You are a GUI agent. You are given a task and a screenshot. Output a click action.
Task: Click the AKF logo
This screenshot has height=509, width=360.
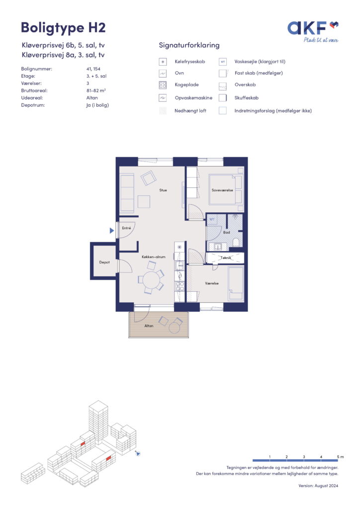coord(313,31)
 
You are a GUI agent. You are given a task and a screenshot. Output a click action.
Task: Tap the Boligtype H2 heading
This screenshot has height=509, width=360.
coord(63,28)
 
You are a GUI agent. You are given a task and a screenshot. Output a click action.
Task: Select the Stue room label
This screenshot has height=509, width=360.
coord(163,190)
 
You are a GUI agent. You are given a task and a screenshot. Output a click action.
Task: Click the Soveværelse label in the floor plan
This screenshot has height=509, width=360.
coord(222,190)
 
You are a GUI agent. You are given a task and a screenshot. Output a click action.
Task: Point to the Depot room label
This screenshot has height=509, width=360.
coord(104,262)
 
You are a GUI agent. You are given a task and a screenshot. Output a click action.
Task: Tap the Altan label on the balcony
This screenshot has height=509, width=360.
coord(149,326)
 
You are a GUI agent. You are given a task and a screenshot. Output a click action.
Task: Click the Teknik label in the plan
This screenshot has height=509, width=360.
coord(226,258)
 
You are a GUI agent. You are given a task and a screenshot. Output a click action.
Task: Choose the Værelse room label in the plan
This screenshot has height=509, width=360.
coord(212,283)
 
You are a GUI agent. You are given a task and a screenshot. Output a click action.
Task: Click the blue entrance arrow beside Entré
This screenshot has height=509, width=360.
coord(112,231)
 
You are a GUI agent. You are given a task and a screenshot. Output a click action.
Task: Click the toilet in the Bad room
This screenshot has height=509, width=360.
coord(236,243)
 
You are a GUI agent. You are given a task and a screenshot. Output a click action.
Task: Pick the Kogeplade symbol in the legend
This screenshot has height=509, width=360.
coord(163,85)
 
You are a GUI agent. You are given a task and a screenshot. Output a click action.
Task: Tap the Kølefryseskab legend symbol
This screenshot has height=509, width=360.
coord(163,62)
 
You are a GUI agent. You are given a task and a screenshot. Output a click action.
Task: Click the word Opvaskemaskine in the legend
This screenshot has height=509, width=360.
coord(193,98)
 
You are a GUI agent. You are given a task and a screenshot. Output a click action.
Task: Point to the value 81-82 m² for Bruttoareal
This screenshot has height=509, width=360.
coord(96,90)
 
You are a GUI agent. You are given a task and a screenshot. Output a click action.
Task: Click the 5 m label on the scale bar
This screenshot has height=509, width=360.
coord(340,457)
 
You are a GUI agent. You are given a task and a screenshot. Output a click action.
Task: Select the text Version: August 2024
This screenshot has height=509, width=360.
coord(318,486)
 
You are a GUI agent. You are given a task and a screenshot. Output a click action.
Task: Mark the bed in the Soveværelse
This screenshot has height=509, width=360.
coord(226,189)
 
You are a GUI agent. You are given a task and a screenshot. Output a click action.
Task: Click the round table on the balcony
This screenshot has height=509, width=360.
coord(176,328)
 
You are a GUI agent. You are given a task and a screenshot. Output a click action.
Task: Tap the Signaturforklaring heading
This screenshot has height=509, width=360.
coord(189,45)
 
